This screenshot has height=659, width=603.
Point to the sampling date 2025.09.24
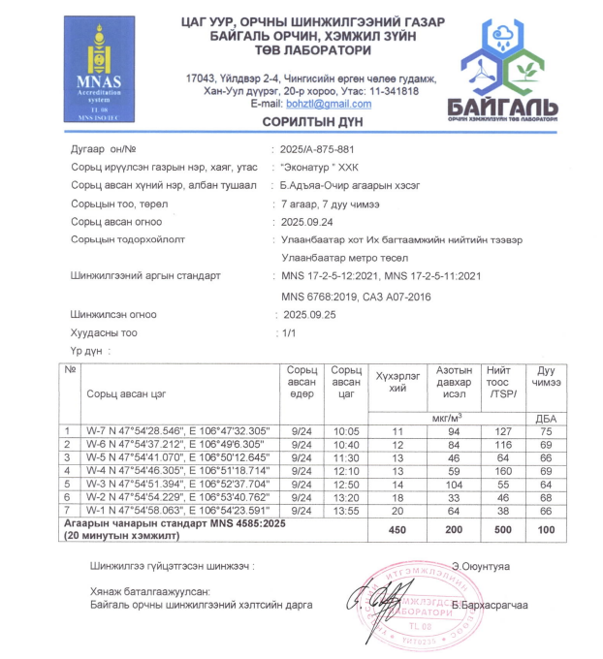coord(307,221)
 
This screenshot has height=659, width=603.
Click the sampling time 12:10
coord(345,469)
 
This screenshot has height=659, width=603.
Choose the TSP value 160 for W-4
coord(501,469)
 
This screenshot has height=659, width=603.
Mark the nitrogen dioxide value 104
coord(448,483)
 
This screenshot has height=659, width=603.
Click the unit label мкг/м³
coord(448,416)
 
